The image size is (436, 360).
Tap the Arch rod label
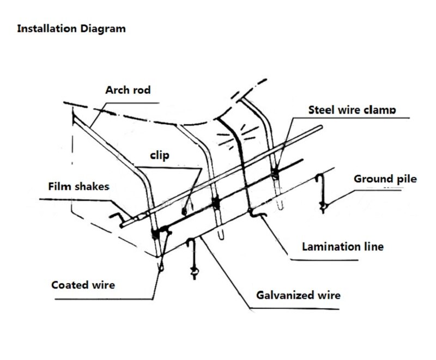point(128,89)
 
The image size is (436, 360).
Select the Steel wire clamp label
point(352,109)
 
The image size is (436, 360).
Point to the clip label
point(160,156)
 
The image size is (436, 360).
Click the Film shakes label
point(78,186)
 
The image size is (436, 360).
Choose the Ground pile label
point(385,179)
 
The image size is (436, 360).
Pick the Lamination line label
point(343,247)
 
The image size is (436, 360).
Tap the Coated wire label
point(83,284)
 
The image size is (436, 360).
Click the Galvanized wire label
point(299,295)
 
